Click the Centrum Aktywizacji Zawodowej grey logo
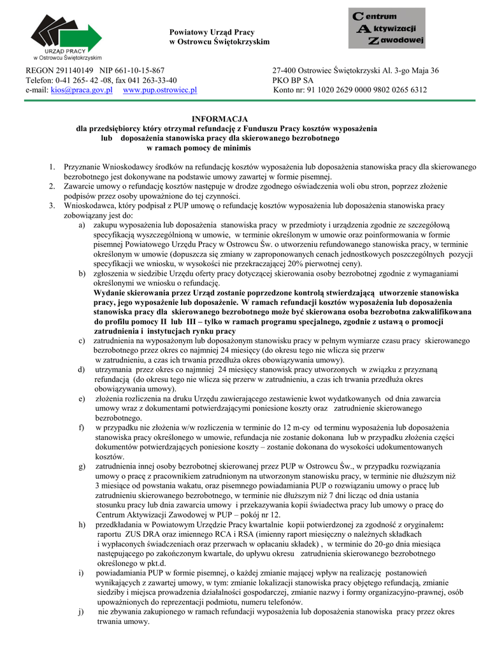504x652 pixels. pos(387,29)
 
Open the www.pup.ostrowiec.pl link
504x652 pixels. pos(159,90)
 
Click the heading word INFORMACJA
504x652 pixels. pos(220,118)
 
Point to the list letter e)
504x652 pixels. pos(82,399)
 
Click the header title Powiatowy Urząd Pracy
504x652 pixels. pos(212,32)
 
